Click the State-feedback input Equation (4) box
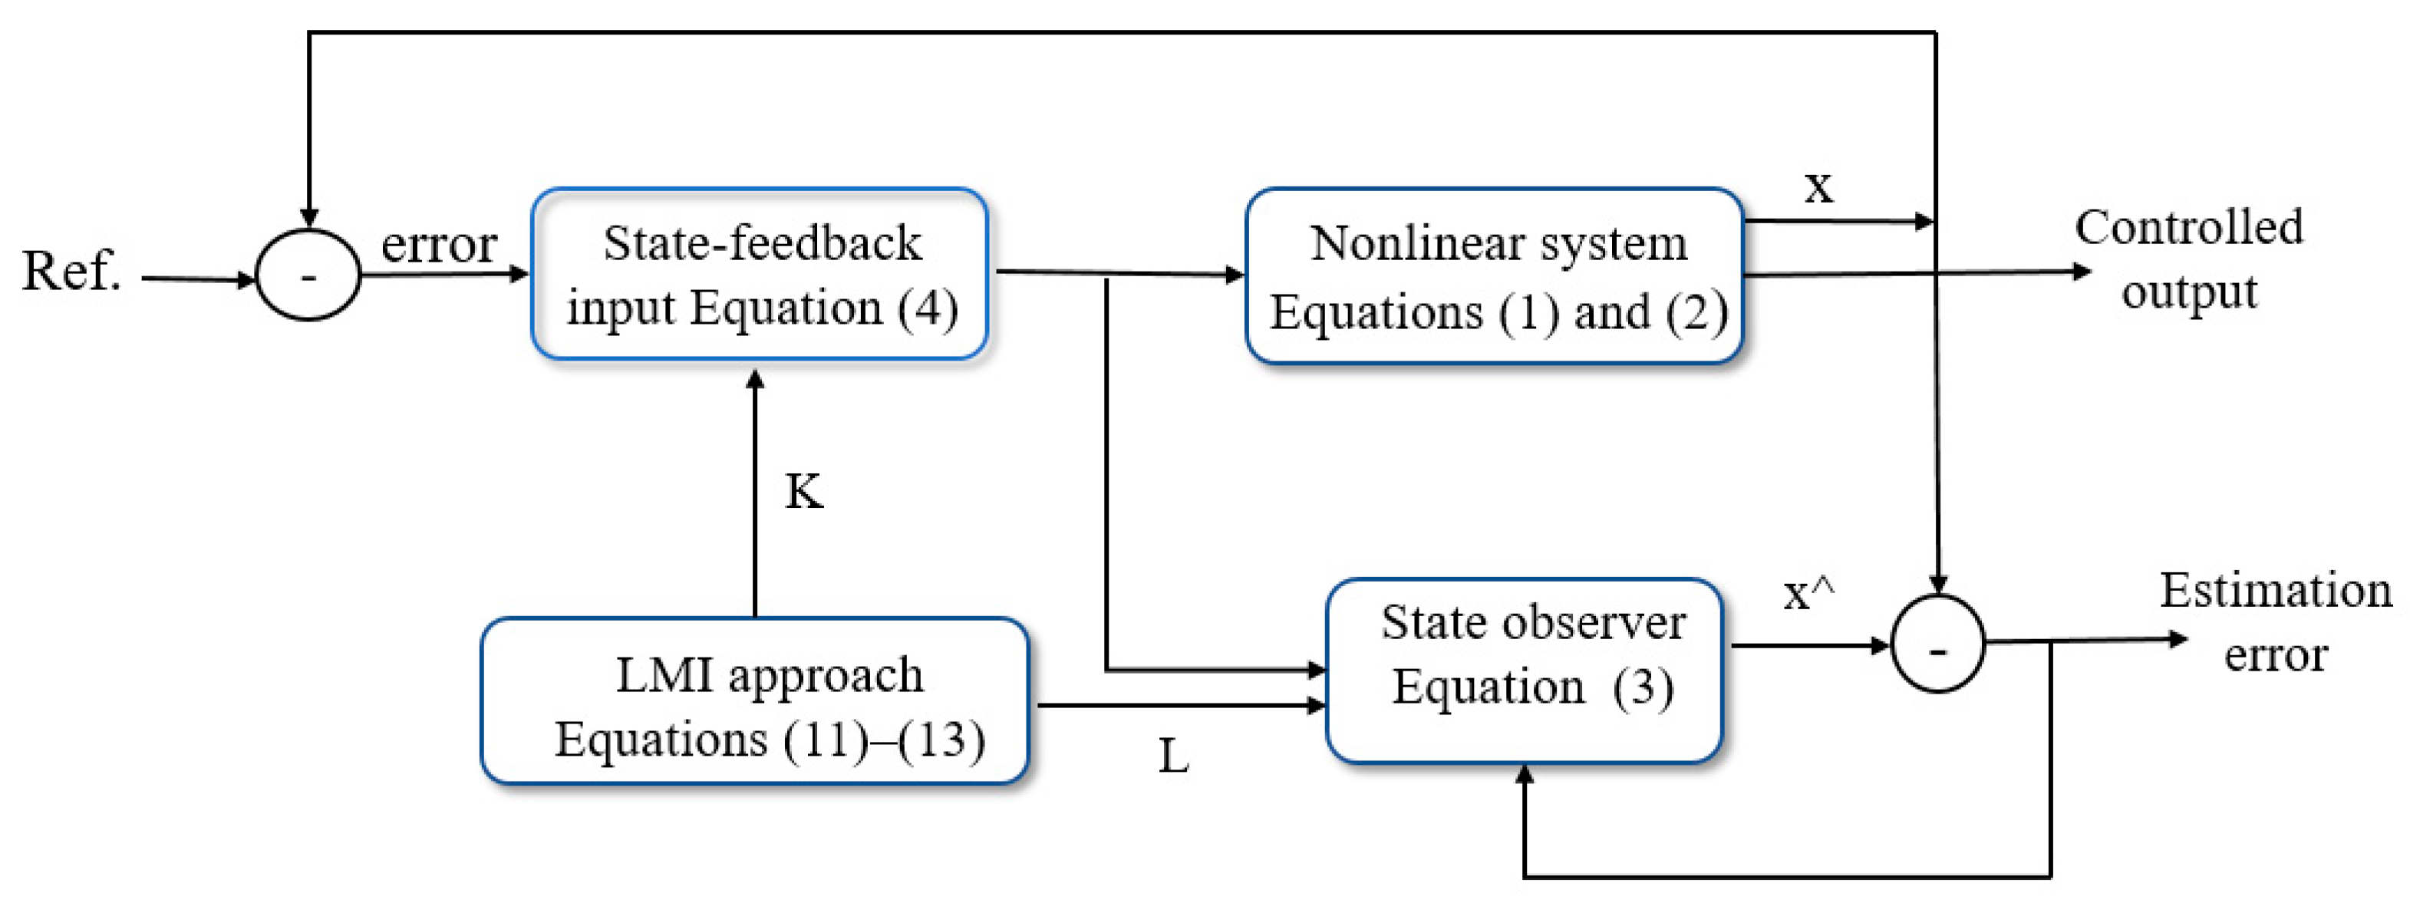759,274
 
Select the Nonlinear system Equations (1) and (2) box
1494,276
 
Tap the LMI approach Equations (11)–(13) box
754,701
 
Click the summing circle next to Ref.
308,275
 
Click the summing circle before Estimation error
1937,644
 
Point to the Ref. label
71,272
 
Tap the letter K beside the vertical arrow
803,491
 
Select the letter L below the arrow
1173,756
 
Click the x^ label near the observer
1808,593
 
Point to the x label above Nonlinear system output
1818,187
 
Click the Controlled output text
2188,259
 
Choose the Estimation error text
2275,622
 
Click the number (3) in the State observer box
1643,689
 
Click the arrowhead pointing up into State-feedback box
755,380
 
